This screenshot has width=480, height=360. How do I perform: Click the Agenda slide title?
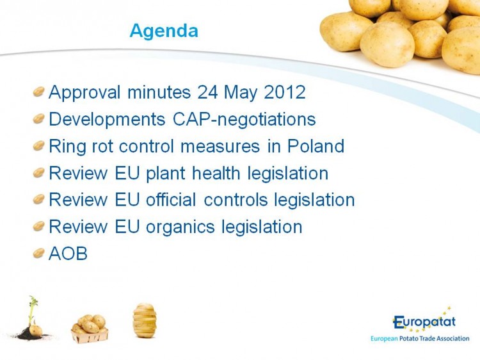pyautogui.click(x=164, y=31)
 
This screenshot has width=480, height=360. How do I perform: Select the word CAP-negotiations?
pyautogui.click(x=244, y=119)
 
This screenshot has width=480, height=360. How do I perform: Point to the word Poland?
pyautogui.click(x=316, y=146)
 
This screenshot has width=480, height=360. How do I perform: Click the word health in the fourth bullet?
pyautogui.click(x=216, y=173)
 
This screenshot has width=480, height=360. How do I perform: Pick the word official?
pyautogui.click(x=171, y=200)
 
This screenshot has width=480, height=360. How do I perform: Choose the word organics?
pyautogui.click(x=180, y=227)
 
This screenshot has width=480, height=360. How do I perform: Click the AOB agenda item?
pyautogui.click(x=68, y=254)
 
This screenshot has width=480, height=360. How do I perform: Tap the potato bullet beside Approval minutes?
pyautogui.click(x=39, y=92)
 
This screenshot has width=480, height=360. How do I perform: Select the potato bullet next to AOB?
pyautogui.click(x=39, y=253)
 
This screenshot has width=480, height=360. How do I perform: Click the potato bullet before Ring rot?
pyautogui.click(x=39, y=145)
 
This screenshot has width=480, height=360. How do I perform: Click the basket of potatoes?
pyautogui.click(x=90, y=329)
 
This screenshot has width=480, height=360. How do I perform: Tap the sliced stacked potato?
pyautogui.click(x=145, y=320)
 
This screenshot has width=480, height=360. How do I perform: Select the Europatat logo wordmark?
pyautogui.click(x=424, y=322)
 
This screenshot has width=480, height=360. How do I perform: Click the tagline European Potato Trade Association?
pyautogui.click(x=420, y=339)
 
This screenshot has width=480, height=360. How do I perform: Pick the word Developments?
pyautogui.click(x=107, y=119)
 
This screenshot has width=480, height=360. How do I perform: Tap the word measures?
pyautogui.click(x=220, y=147)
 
